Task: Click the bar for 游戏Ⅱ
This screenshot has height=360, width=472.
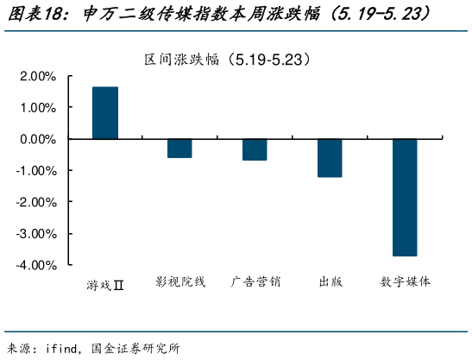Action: (x=105, y=113)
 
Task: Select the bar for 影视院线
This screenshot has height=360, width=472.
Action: (x=179, y=148)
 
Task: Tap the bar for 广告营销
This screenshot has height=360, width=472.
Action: (x=255, y=149)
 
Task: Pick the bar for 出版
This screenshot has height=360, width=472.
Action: (x=330, y=158)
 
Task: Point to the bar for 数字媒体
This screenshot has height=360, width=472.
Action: (x=405, y=197)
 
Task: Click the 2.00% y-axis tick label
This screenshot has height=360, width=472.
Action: (x=37, y=77)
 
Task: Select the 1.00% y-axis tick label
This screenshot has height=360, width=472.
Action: (x=37, y=108)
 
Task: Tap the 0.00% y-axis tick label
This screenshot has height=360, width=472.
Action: (x=37, y=139)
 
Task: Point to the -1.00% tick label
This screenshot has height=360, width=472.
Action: (x=35, y=171)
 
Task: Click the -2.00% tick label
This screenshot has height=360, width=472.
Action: (x=35, y=202)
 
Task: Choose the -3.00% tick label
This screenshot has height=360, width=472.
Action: (x=35, y=233)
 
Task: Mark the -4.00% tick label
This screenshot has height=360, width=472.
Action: (x=35, y=265)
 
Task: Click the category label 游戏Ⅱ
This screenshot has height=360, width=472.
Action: (x=105, y=283)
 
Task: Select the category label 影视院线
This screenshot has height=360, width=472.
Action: (x=180, y=282)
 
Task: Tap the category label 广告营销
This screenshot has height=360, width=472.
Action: (x=255, y=282)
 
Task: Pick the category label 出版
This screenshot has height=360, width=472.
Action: (x=330, y=282)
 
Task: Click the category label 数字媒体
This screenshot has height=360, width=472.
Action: (x=405, y=282)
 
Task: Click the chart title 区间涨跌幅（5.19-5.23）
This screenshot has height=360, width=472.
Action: (x=227, y=60)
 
